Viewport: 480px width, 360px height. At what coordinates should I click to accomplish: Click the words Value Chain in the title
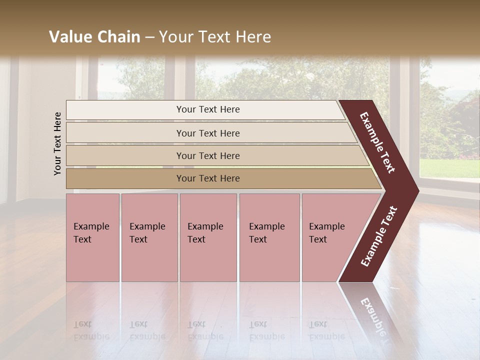coord(94,37)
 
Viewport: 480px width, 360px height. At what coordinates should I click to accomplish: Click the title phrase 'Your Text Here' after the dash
coord(215,37)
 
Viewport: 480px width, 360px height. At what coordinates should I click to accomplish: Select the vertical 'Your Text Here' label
coord(57,143)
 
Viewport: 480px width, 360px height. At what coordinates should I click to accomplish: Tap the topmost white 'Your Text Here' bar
coord(207,109)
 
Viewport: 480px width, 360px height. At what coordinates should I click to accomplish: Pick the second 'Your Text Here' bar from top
coord(207,133)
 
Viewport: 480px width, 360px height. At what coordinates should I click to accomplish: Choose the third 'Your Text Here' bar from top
coord(207,155)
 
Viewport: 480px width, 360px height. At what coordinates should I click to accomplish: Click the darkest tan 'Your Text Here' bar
coord(207,178)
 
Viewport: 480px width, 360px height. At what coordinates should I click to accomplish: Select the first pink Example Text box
coord(92,237)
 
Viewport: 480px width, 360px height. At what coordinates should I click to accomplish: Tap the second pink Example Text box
coord(149,237)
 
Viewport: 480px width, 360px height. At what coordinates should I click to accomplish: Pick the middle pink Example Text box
coord(208,237)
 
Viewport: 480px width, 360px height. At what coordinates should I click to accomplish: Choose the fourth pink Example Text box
coord(269,237)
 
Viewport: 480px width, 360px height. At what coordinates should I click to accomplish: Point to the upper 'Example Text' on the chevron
coord(377,142)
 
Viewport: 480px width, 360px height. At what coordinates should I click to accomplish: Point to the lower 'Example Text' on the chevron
coord(379,236)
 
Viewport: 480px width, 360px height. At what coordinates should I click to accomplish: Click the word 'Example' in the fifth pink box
coord(326,226)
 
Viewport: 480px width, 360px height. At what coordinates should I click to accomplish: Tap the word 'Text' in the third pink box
coord(196,239)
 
